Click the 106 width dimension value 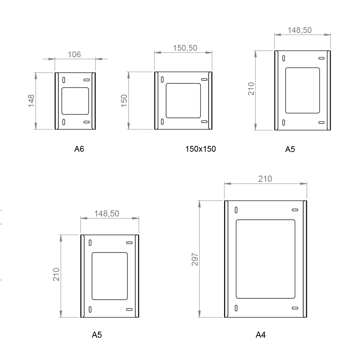click(74, 55)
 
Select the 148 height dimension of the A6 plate click(31, 101)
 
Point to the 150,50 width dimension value click(185, 48)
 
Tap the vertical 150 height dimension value click(124, 101)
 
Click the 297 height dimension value click(195, 260)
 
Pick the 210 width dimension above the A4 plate click(265, 179)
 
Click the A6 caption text click(79, 149)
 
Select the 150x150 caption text click(201, 149)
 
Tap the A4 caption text click(260, 335)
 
